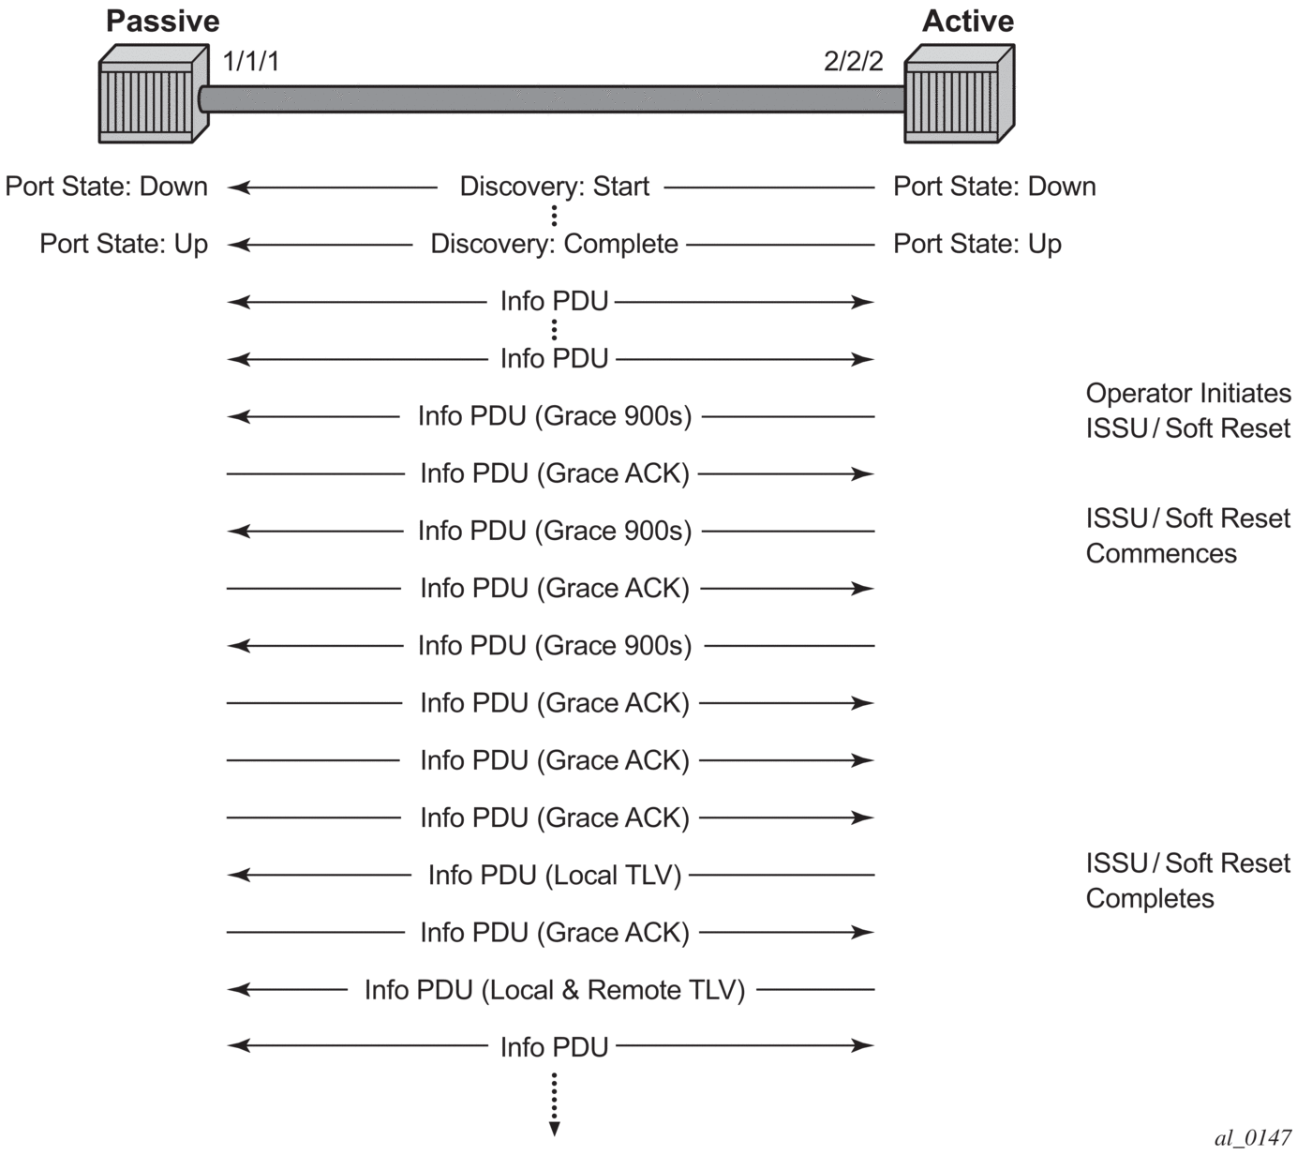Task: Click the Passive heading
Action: [x=162, y=21]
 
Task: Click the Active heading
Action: [x=967, y=21]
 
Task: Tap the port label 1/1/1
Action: [x=251, y=62]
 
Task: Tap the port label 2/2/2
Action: [x=853, y=62]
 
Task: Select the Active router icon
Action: [x=958, y=96]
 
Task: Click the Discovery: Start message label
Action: [x=554, y=187]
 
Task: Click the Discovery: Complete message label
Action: [x=554, y=244]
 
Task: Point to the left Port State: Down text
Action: [x=106, y=187]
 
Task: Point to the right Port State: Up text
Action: [x=976, y=244]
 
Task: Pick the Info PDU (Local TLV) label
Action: [x=554, y=875]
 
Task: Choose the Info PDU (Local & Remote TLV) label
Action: [x=554, y=990]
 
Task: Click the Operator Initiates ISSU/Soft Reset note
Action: [x=1187, y=411]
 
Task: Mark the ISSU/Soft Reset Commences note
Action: [x=1187, y=535]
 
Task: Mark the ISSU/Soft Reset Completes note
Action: [x=1187, y=880]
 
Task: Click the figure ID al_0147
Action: [x=1253, y=1137]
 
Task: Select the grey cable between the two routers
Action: [x=553, y=98]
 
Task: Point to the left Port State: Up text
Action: [x=124, y=244]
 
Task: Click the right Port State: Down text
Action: [x=994, y=187]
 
